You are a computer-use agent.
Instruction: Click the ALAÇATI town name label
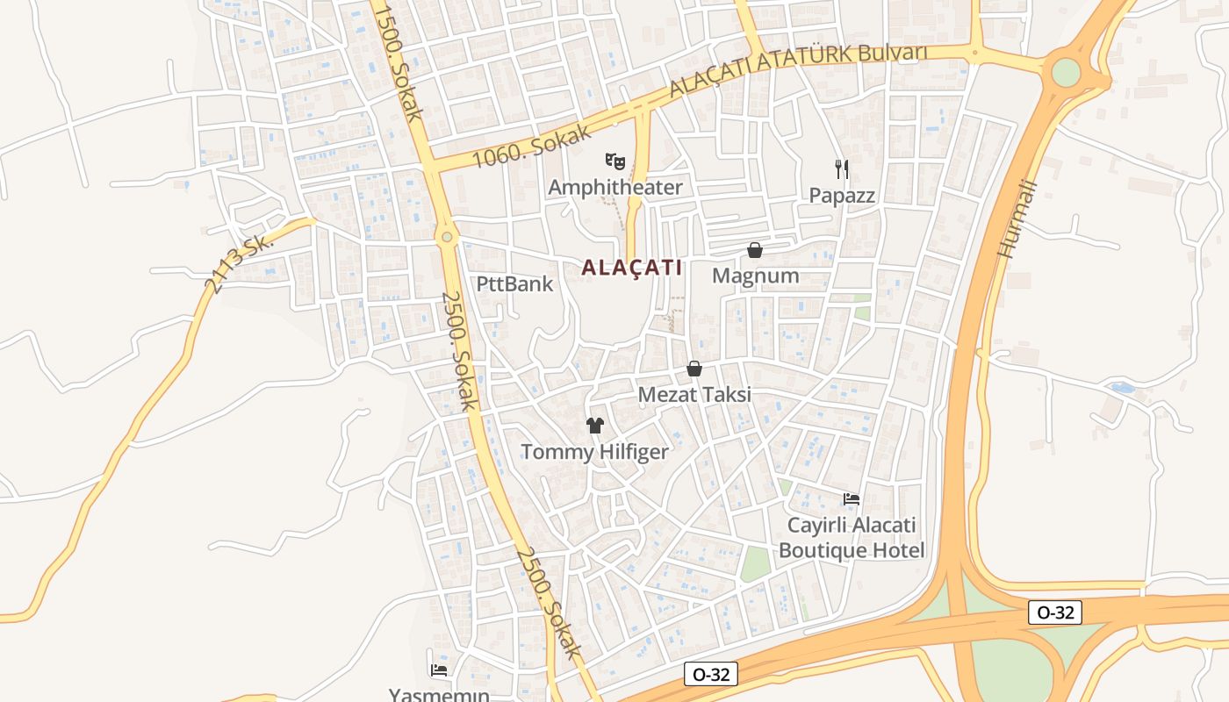coord(631,268)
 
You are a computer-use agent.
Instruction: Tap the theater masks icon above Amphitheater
coord(615,161)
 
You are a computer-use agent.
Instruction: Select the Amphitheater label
coord(615,187)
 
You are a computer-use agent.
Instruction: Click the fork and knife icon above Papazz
coord(842,168)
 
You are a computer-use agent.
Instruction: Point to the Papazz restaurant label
coord(842,196)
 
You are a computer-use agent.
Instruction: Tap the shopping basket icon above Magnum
coord(755,250)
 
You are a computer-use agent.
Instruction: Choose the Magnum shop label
coord(755,276)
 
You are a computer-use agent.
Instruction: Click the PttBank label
coord(514,283)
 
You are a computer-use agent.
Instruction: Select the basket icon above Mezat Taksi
coord(694,369)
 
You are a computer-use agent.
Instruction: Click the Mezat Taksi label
coord(694,395)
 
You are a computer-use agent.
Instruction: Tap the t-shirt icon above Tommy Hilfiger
coord(595,426)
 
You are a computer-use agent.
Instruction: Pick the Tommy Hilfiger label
coord(594,452)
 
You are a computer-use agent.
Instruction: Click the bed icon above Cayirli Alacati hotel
coord(851,499)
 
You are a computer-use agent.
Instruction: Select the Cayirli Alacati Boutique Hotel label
coord(851,538)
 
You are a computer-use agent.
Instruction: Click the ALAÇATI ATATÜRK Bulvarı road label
coord(798,68)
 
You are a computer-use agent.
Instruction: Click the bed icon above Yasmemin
coord(440,670)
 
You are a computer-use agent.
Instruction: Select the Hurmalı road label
coord(1017,218)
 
